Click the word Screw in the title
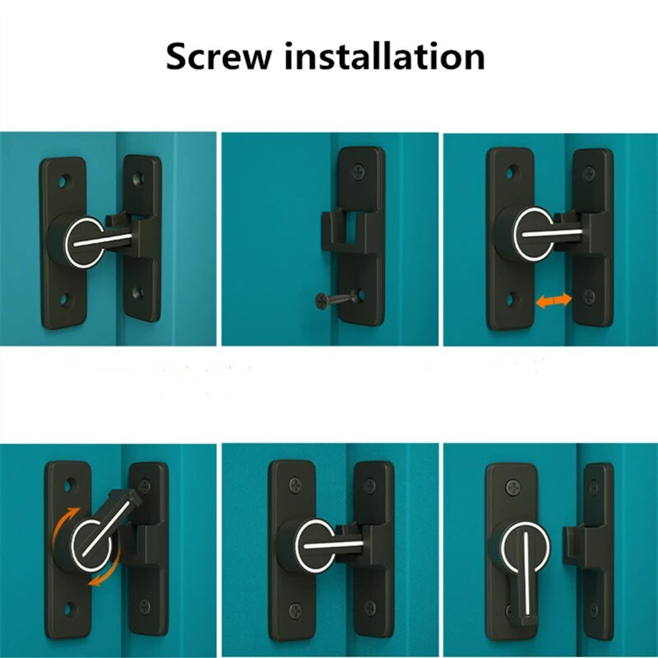pos(218,57)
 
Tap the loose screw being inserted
pos(336,299)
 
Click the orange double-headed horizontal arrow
pos(554,300)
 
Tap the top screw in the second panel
pos(360,170)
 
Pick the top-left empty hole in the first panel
pos(64,181)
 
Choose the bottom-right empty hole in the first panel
pos(137,293)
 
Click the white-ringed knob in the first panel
pos(84,243)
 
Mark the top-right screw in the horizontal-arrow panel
pos(590,172)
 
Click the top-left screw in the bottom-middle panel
pos(295,485)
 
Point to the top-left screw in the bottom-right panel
pos(513,487)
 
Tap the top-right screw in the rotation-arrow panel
pos(146,487)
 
